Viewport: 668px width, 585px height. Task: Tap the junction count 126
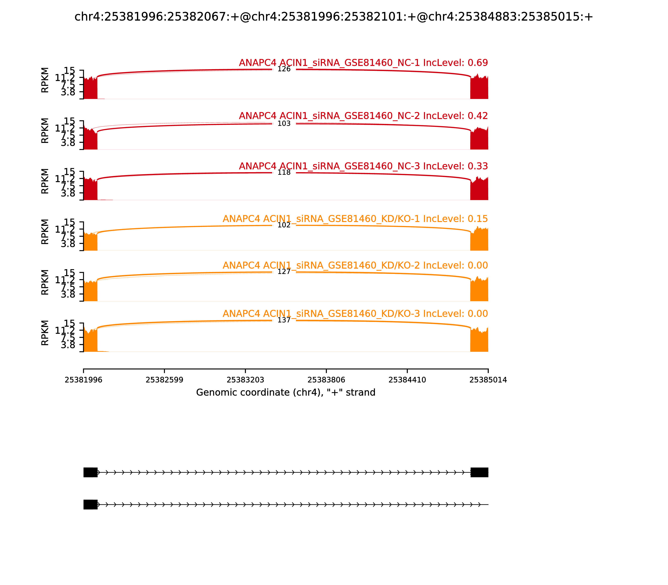[x=284, y=69]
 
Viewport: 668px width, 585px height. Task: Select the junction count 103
[x=284, y=124]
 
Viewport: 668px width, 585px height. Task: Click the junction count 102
[x=284, y=225]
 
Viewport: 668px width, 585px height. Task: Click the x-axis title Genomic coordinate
[x=286, y=392]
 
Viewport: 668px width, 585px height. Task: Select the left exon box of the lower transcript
[x=90, y=504]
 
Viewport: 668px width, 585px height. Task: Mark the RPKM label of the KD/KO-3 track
[x=45, y=333]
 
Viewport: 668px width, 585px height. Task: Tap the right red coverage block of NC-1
[x=479, y=88]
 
